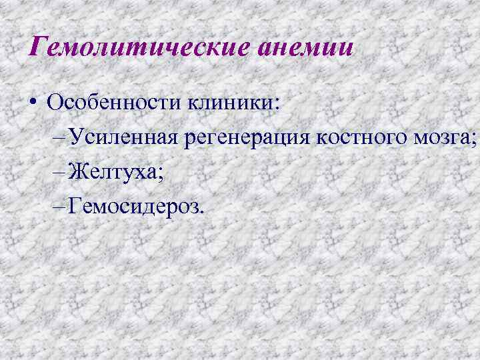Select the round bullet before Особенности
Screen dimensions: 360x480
point(32,105)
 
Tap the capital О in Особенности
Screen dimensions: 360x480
point(55,104)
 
